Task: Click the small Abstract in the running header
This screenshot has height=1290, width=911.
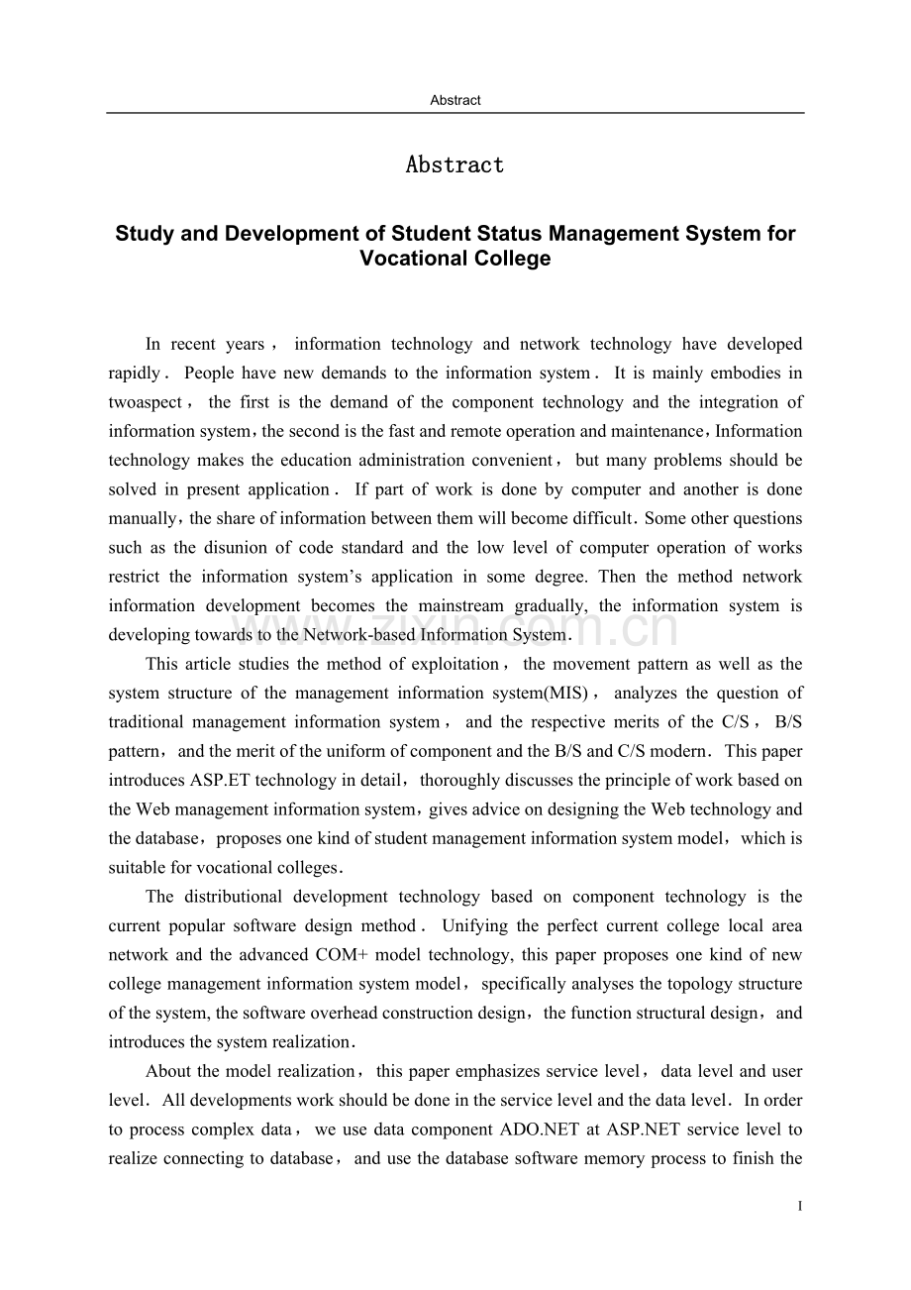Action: click(455, 100)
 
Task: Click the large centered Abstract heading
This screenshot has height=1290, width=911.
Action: click(455, 165)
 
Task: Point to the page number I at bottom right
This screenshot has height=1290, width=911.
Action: click(799, 1207)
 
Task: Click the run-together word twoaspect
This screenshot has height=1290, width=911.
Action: click(146, 402)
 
